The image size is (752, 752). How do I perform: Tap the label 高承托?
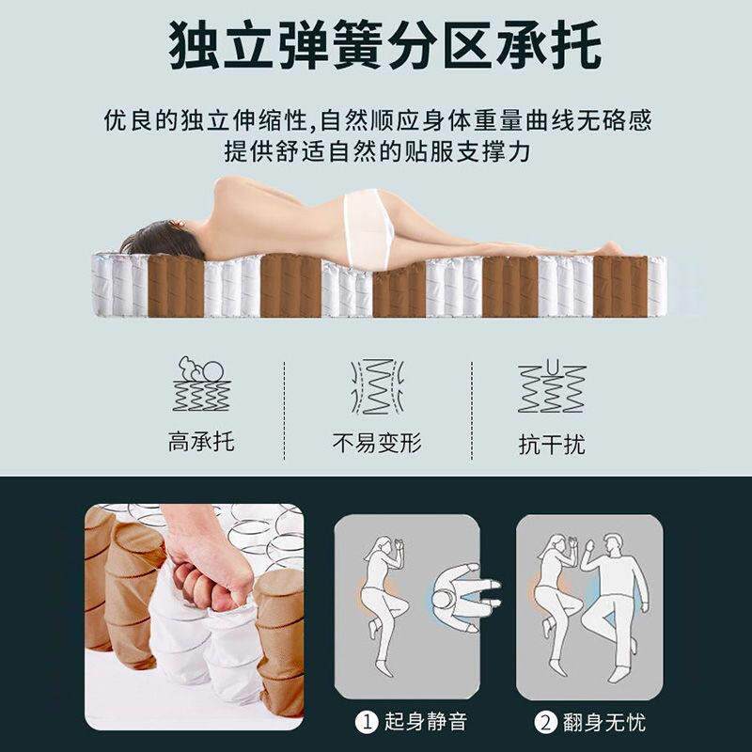(x=201, y=442)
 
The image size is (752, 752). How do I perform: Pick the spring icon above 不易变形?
(x=376, y=385)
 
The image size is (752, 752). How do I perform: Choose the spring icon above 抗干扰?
(x=552, y=385)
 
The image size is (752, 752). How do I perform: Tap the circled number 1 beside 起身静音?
(x=365, y=722)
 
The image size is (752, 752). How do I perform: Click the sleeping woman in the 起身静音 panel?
(x=384, y=602)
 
